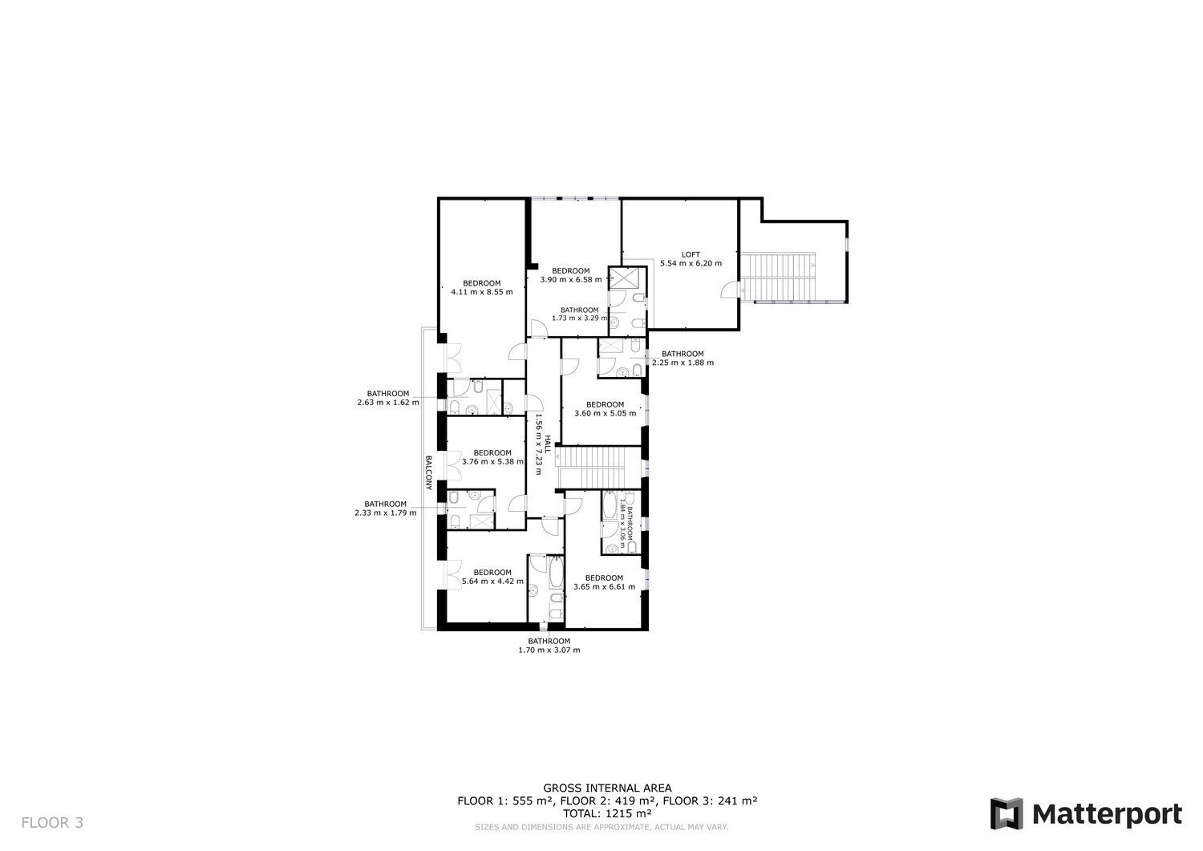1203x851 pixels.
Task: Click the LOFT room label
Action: click(x=691, y=254)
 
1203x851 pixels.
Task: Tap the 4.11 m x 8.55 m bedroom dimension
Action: click(x=482, y=292)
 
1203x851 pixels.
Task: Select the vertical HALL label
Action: click(x=548, y=444)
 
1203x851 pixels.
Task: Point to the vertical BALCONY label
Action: click(x=428, y=472)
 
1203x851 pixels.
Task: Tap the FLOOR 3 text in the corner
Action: click(x=52, y=822)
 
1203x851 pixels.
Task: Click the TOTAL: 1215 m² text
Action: click(x=607, y=813)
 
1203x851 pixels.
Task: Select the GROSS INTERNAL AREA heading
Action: click(x=607, y=788)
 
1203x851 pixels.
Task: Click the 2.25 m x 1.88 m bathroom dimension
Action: click(x=683, y=363)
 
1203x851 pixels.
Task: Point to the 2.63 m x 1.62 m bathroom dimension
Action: click(x=388, y=403)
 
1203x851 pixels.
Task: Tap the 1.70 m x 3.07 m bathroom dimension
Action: click(x=549, y=650)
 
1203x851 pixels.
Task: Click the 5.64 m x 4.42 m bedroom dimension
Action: click(x=492, y=582)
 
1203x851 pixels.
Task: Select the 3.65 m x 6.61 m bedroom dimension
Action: click(x=604, y=586)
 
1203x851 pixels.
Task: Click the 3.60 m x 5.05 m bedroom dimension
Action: click(x=606, y=413)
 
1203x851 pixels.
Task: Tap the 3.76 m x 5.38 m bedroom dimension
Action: click(x=492, y=461)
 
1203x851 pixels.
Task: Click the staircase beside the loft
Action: click(x=778, y=278)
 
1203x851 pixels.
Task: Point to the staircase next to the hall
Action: click(x=593, y=467)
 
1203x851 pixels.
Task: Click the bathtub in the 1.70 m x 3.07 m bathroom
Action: click(x=556, y=573)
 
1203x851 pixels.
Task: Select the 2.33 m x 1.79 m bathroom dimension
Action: click(x=386, y=513)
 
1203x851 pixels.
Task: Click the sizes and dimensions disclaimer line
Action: click(x=601, y=828)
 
